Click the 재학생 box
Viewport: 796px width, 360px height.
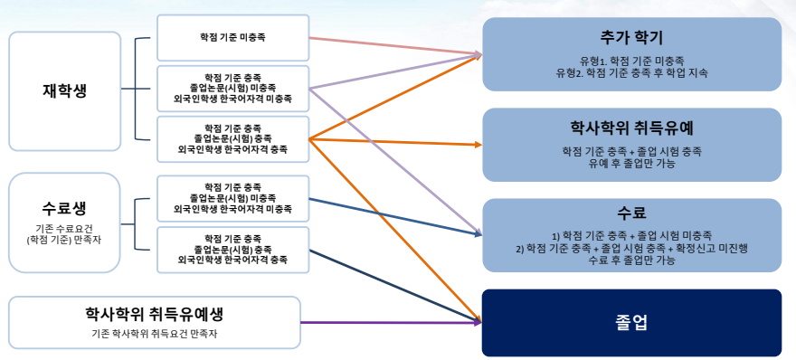coord(65,91)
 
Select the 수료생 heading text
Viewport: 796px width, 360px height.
coord(65,208)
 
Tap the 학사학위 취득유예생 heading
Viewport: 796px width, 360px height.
coord(155,314)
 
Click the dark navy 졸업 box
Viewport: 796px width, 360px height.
coord(631,323)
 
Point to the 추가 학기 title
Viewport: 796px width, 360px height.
coord(631,38)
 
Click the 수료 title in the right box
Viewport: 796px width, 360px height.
coord(631,213)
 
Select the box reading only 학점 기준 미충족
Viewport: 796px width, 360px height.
coord(233,38)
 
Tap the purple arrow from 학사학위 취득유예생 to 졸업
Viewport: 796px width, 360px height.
coord(391,322)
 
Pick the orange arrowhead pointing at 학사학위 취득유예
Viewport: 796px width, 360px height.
coord(478,146)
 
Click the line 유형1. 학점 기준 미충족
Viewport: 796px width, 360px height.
coord(631,61)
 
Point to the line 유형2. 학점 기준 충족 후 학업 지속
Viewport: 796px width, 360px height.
coord(631,72)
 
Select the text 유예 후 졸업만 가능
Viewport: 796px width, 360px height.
coord(631,164)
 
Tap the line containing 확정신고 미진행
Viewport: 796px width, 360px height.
coord(631,249)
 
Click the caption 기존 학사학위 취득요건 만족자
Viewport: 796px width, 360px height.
coord(155,334)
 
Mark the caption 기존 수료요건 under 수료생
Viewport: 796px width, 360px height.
coord(65,229)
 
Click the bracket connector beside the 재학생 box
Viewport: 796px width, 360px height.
coord(136,89)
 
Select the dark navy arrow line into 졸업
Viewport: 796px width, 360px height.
coord(395,286)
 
